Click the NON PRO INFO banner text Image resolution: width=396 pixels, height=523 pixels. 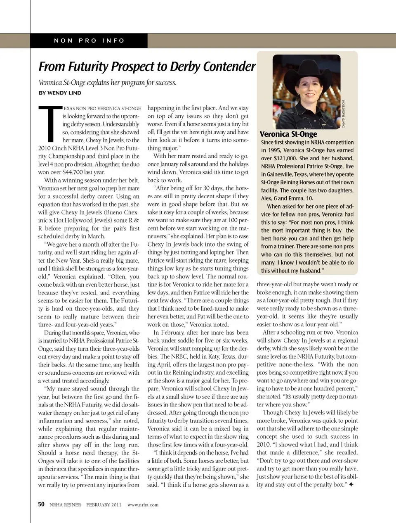coord(89,40)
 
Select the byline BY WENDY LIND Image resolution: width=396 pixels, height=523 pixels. coord(60,93)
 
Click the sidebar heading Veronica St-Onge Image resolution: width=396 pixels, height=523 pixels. coord(288,134)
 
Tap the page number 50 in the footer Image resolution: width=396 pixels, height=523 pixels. coord(41,504)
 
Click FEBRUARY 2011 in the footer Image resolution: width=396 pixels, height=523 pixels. coord(104,504)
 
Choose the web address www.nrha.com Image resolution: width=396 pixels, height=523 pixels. coord(143,504)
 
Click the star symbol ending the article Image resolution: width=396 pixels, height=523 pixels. coord(351,485)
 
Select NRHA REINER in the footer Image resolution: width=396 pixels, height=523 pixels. coord(65,504)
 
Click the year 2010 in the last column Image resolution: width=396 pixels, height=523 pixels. coord(264,445)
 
